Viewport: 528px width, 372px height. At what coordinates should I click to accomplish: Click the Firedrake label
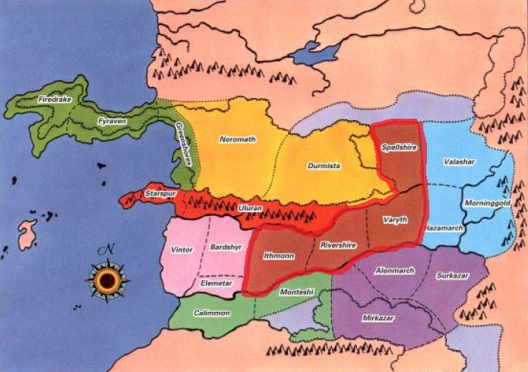53,99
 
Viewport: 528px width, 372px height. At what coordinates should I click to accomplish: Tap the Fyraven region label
112,121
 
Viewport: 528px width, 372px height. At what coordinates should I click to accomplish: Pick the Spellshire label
399,148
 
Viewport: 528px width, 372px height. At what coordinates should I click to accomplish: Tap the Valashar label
460,162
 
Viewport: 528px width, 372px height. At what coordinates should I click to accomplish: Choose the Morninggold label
488,206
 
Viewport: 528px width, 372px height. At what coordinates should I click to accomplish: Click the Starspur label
160,195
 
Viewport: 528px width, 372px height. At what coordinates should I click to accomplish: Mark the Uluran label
251,208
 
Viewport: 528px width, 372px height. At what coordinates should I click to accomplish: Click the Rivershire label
339,245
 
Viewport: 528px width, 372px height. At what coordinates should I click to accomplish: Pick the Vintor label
182,250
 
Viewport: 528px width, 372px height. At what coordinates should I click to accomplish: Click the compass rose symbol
108,279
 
